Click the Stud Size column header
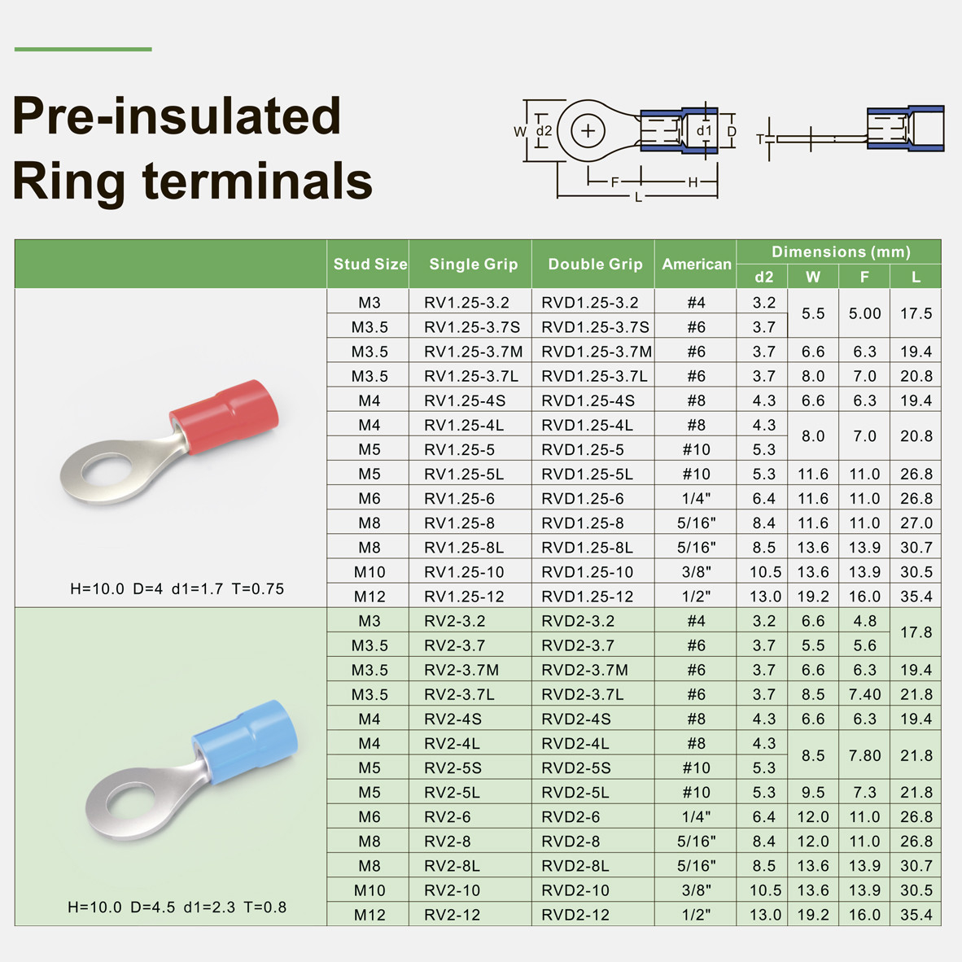[370, 264]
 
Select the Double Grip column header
[595, 264]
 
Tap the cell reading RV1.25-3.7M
[473, 352]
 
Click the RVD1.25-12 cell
[587, 597]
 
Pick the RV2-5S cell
[453, 767]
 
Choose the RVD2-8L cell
[575, 866]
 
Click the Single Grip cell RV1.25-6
[459, 499]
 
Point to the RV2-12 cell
[452, 915]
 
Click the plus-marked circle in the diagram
[588, 131]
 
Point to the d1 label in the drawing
[704, 131]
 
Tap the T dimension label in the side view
[760, 139]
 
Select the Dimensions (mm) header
[841, 251]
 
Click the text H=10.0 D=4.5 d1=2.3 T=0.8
[177, 907]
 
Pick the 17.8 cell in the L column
[916, 632]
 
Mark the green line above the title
[83, 49]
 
